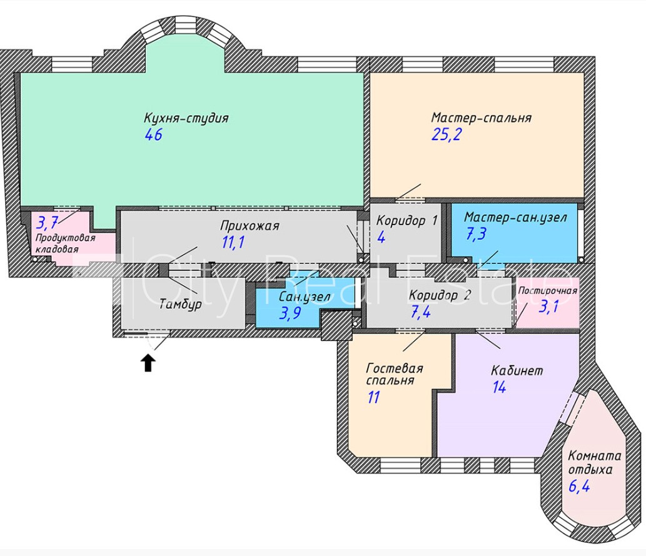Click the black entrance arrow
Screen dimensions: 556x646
pos(148,363)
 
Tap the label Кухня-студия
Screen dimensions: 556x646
pos(186,118)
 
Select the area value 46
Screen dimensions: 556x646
pos(153,134)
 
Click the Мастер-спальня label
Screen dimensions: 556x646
pos(481,118)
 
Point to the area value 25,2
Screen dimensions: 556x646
pos(446,134)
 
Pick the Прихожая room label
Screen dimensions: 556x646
pos(250,226)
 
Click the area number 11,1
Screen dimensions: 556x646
pos(233,242)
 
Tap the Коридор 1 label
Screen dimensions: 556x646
pos(406,221)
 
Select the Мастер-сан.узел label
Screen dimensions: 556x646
pos(515,218)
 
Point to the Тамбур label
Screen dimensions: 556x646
pos(179,305)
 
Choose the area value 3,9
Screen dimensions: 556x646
pos(290,314)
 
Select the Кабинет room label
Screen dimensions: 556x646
pos(517,370)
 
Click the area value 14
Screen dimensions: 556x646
pos(498,388)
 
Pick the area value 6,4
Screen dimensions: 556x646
pos(579,485)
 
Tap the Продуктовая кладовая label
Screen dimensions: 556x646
pos(65,244)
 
